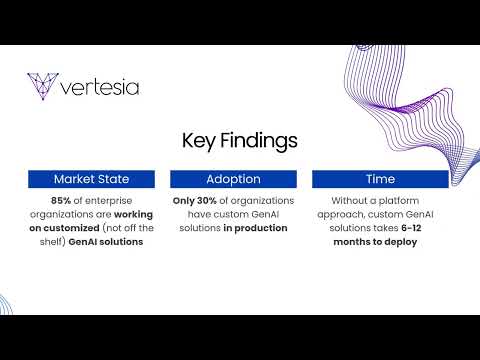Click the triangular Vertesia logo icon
click(x=43, y=86)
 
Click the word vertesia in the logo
click(x=100, y=87)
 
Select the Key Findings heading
click(x=240, y=141)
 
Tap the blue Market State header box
click(x=91, y=179)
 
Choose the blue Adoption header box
click(x=233, y=179)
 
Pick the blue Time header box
click(x=380, y=179)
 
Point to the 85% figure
click(x=61, y=201)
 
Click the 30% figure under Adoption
click(x=207, y=201)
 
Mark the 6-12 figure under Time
click(x=411, y=228)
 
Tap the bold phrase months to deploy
click(x=375, y=242)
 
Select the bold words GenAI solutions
click(x=106, y=242)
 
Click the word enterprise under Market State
click(x=109, y=201)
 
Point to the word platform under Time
click(x=399, y=201)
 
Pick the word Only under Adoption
click(x=184, y=201)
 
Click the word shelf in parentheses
click(x=51, y=242)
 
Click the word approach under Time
click(x=341, y=215)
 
